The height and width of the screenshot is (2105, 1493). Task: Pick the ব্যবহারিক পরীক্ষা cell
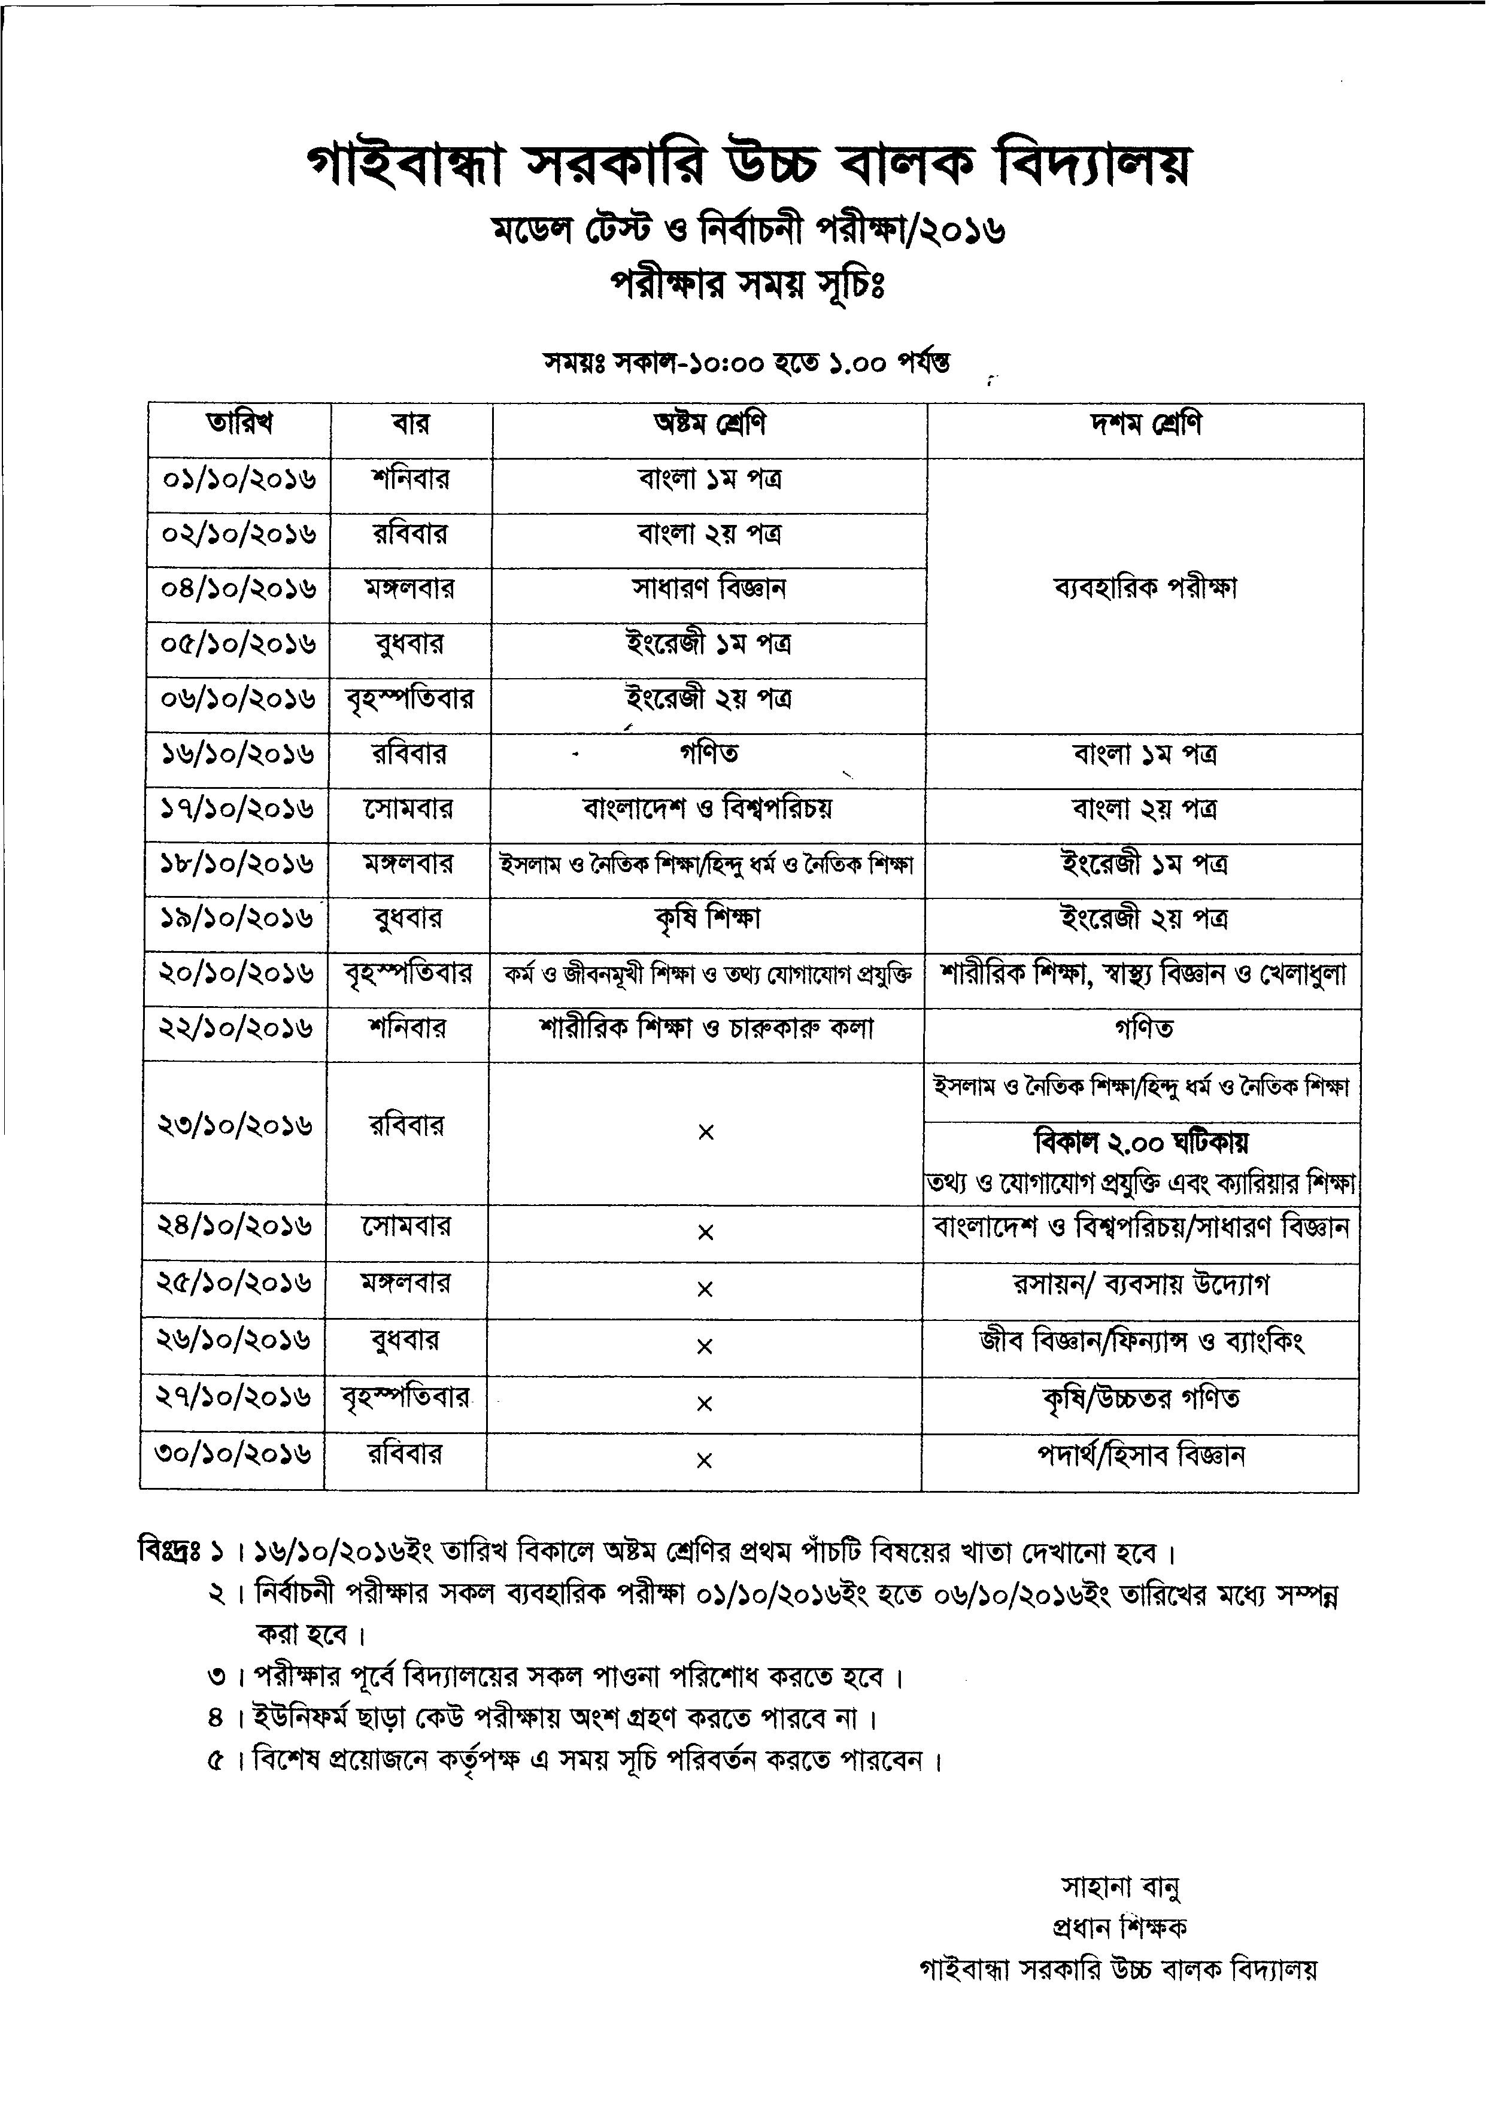1145,588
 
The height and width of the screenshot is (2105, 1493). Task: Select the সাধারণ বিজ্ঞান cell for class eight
709,588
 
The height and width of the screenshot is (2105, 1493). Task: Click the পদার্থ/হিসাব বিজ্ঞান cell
1140,1456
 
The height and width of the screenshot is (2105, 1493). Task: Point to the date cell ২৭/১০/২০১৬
233,1398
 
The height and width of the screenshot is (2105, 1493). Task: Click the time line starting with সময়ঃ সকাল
746,363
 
